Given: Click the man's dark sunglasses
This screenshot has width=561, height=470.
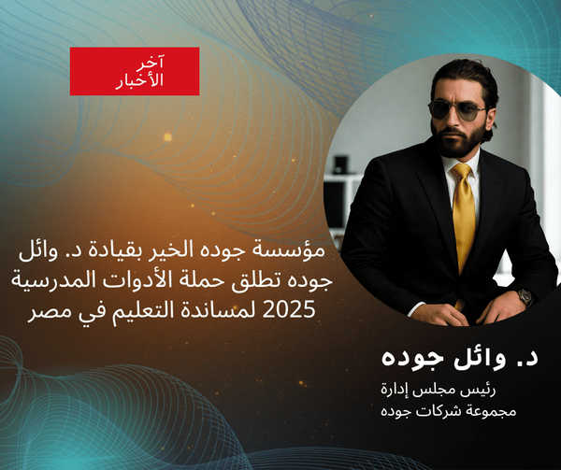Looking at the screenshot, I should click(x=457, y=108).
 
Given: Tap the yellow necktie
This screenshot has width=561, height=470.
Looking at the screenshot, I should click(x=464, y=216).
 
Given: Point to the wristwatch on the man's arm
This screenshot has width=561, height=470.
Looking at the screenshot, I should click(x=525, y=297).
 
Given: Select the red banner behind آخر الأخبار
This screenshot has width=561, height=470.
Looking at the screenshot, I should click(x=135, y=71).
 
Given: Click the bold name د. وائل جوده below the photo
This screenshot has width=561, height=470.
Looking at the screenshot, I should click(x=446, y=359).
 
